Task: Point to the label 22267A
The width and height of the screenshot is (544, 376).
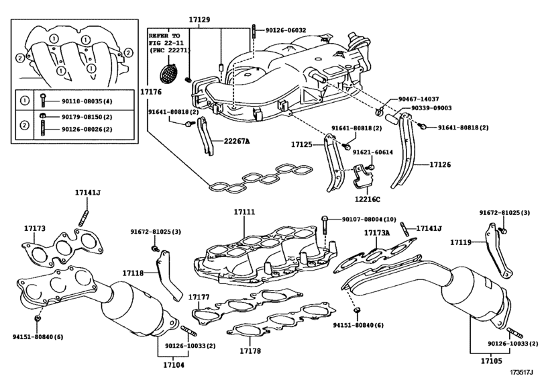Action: point(236,141)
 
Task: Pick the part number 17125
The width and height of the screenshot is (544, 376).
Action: point(303,144)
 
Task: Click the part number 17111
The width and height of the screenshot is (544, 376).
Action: point(245,212)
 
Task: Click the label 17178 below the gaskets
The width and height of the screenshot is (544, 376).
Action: point(252,350)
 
